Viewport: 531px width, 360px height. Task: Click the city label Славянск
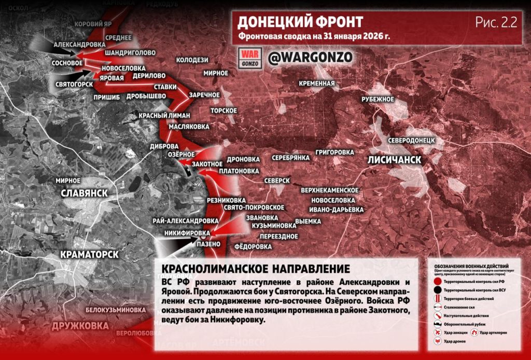pyautogui.click(x=84, y=193)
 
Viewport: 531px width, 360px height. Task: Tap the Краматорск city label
pyautogui.click(x=89, y=254)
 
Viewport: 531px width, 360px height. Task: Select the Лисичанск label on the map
pyautogui.click(x=394, y=160)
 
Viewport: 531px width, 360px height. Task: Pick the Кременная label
pyautogui.click(x=317, y=83)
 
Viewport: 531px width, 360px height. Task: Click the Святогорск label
pyautogui.click(x=74, y=84)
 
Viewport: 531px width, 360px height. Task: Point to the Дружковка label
pyautogui.click(x=80, y=326)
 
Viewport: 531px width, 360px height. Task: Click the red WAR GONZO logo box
pyautogui.click(x=249, y=58)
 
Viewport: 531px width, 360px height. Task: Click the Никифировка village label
pyautogui.click(x=187, y=233)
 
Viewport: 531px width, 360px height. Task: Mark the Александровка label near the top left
pyautogui.click(x=79, y=45)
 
